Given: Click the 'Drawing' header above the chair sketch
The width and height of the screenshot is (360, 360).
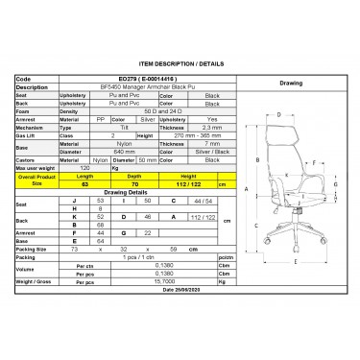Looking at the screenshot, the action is pyautogui.click(x=290, y=84).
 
